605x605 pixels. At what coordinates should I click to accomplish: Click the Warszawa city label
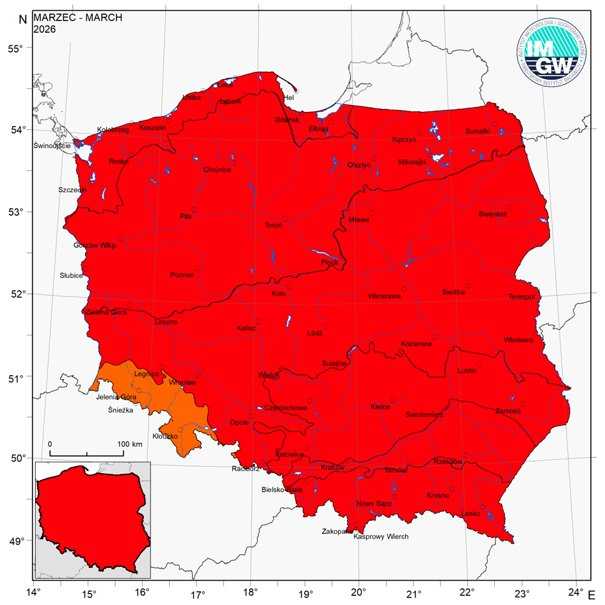(384, 296)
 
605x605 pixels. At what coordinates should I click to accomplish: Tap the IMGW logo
(551, 55)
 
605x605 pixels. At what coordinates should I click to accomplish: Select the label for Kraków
(332, 467)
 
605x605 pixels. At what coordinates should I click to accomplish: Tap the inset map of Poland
(93, 519)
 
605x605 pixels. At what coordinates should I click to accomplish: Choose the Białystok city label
(493, 214)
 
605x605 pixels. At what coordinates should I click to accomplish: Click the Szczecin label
(72, 190)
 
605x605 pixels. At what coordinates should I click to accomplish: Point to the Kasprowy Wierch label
(381, 536)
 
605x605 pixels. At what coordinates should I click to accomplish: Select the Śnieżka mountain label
(120, 410)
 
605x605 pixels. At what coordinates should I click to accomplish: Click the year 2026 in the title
(45, 29)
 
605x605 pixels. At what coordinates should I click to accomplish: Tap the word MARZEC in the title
(50, 17)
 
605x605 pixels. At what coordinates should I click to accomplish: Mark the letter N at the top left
(22, 19)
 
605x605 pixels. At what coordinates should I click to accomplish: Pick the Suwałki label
(478, 131)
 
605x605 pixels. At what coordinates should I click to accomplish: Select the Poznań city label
(182, 275)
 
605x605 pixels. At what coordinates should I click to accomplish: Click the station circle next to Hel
(295, 91)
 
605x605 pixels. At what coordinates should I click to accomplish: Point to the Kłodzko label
(165, 436)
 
